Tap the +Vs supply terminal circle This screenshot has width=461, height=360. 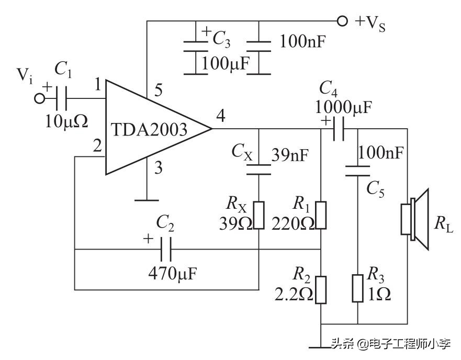click(342, 21)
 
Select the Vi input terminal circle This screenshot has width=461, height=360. click(39, 98)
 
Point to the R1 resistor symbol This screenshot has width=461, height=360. click(321, 216)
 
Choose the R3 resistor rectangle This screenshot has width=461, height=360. click(357, 288)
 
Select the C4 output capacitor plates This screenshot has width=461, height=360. click(339, 129)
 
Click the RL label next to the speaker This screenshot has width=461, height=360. click(443, 222)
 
